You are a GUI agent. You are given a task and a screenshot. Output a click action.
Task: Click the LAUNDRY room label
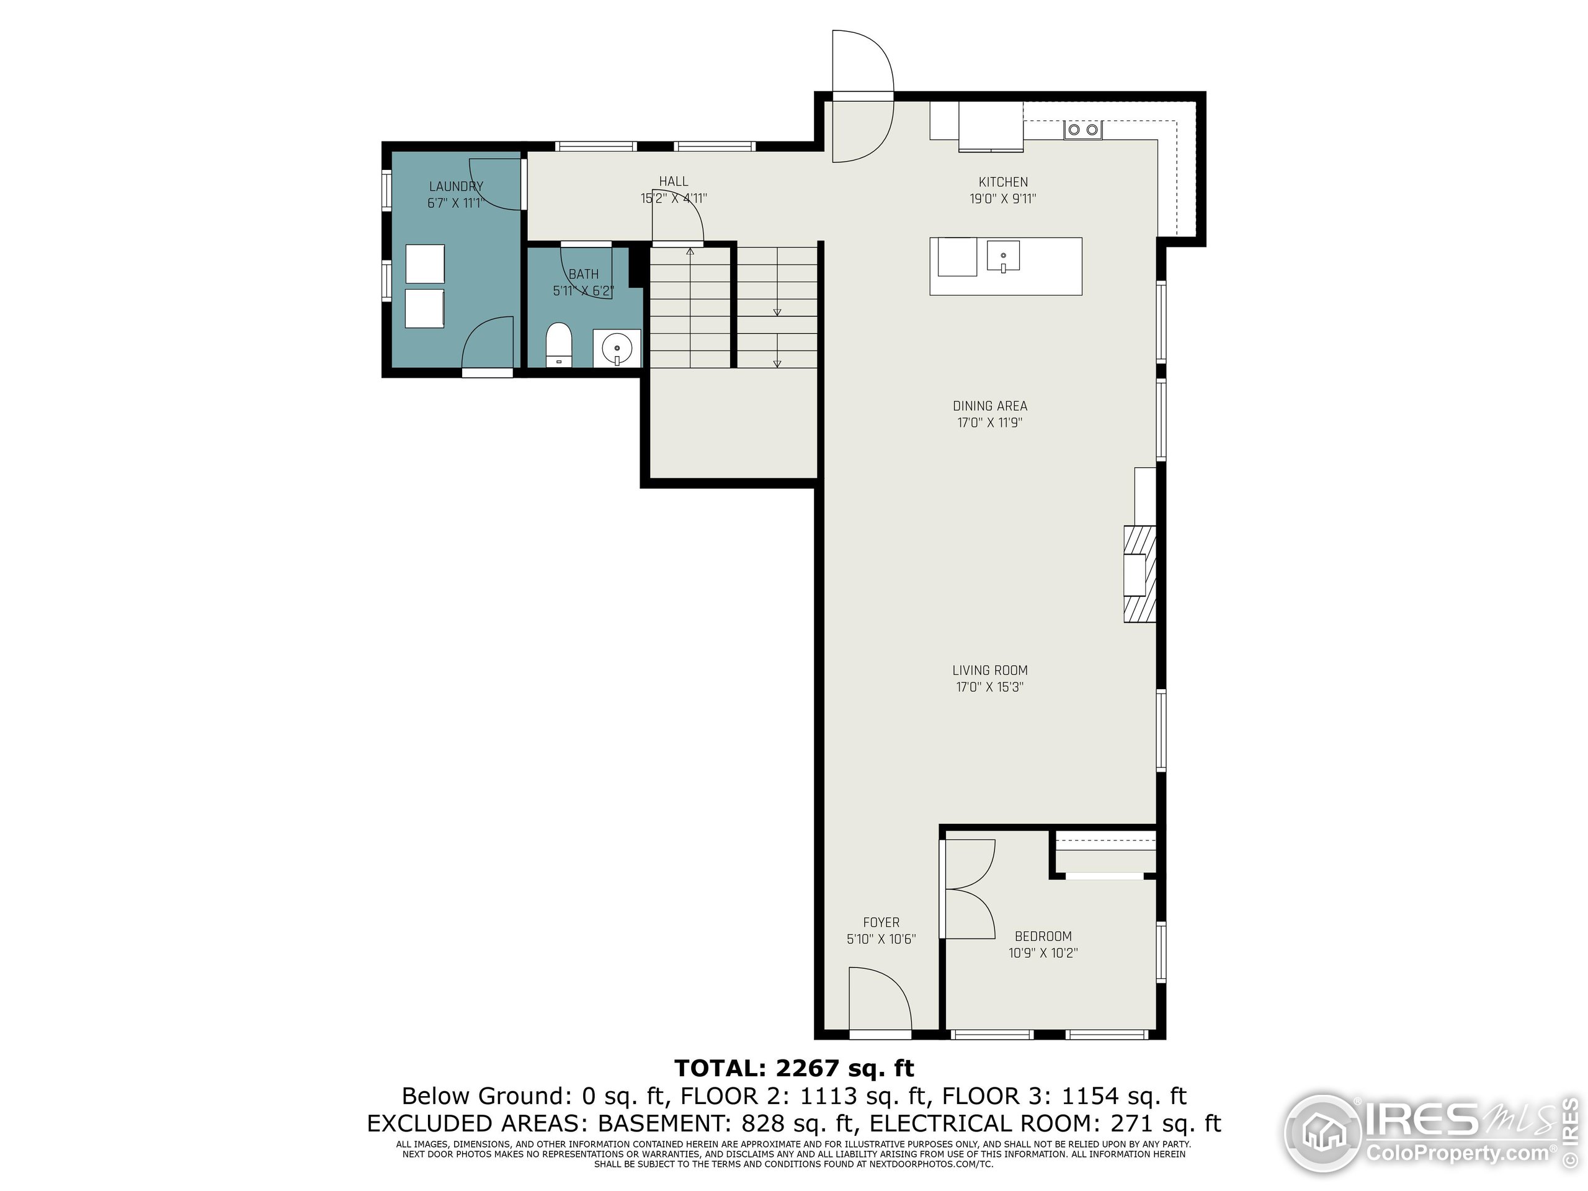coord(456,187)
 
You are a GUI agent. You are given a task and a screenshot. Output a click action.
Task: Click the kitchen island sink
coord(1003,257)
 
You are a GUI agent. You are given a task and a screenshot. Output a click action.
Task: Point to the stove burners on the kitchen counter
coord(1082,130)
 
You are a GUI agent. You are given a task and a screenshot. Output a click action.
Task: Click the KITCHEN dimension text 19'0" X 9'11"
coord(1003,199)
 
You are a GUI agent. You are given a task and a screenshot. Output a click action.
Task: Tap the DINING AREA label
coord(989,406)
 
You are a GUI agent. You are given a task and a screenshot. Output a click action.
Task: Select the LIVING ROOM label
coord(989,671)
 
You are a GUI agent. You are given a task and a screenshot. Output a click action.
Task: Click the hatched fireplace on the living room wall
coord(1140,574)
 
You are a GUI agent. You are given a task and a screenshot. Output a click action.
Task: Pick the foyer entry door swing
coord(880,999)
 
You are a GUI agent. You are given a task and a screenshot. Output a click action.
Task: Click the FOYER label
coord(881,922)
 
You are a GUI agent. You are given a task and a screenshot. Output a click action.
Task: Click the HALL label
coord(674,182)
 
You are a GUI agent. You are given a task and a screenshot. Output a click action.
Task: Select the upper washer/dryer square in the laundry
coord(425,264)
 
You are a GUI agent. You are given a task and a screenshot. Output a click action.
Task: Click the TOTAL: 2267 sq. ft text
coord(794,1068)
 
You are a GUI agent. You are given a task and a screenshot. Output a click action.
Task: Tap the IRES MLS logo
coord(1429,1135)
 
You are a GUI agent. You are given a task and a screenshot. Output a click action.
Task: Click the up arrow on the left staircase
coord(690,252)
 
